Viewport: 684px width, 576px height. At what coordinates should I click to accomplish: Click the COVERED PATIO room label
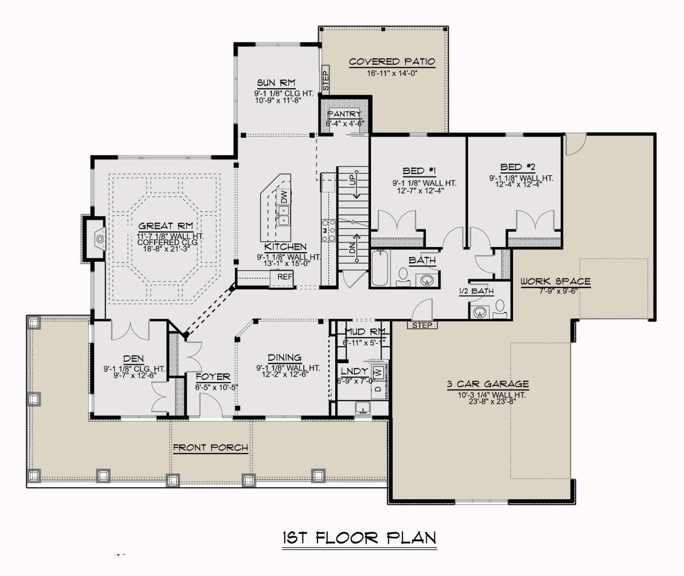tap(392, 61)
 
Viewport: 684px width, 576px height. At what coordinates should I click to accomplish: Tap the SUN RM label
tap(276, 83)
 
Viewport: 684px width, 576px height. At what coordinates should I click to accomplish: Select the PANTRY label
tap(344, 114)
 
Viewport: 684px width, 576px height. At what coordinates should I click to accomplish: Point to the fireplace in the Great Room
tap(95, 239)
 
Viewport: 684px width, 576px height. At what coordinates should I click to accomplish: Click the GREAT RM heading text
tap(165, 226)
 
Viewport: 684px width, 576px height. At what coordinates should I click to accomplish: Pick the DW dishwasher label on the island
tap(284, 196)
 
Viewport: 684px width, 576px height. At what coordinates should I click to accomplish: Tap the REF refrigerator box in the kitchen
tap(282, 278)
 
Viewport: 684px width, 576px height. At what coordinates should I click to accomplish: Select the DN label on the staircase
tap(352, 249)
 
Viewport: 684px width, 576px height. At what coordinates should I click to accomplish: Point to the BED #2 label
tap(517, 167)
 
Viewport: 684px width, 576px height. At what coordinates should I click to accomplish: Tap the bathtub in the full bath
tap(380, 268)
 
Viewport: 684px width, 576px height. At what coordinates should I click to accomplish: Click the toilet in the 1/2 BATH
tap(499, 308)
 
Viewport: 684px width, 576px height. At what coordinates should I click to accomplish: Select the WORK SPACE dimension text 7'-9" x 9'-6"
tap(558, 291)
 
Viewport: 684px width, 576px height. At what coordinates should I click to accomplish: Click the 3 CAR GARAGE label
tap(488, 384)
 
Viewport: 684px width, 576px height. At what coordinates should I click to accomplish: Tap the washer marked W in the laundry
tap(379, 372)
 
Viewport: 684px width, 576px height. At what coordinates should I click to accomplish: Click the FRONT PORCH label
tap(210, 447)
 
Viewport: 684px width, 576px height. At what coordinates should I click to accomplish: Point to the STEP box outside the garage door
tap(422, 325)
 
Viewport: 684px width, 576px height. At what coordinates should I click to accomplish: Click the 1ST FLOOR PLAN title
tap(359, 537)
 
